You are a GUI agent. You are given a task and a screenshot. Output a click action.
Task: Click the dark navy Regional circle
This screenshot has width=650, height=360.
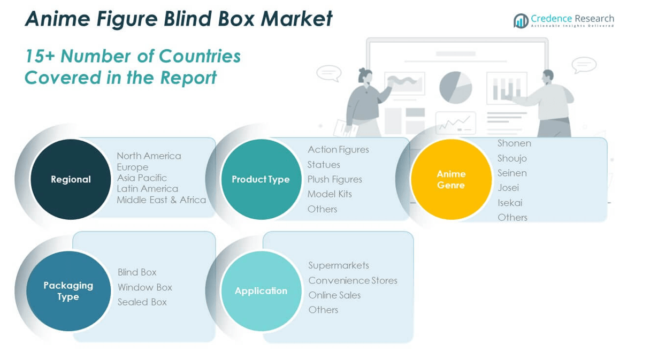[x=71, y=179]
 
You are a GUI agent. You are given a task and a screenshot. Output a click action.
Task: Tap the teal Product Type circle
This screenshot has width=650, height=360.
[x=261, y=179]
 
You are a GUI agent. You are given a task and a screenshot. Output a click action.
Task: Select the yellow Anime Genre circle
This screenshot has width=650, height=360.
[x=451, y=179]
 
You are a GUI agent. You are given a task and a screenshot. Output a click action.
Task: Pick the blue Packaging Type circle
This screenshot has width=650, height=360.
[x=68, y=291]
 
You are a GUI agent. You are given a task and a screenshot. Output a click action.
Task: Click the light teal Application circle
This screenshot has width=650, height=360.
[x=261, y=291]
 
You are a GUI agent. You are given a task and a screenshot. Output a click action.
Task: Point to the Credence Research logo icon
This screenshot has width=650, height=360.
[x=521, y=21]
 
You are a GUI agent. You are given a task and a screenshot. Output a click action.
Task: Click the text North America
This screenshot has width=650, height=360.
[x=149, y=156]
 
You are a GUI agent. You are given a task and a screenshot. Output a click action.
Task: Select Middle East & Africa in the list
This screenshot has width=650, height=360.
[x=161, y=200]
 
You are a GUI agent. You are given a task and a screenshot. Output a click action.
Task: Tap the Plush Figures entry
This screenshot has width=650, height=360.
[x=334, y=179]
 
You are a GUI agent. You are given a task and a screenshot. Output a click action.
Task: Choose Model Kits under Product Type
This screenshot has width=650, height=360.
[x=330, y=194]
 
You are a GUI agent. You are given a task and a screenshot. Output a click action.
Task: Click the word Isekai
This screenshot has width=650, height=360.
[x=509, y=203]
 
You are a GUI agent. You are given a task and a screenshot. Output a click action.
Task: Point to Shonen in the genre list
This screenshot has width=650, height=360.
[x=514, y=143]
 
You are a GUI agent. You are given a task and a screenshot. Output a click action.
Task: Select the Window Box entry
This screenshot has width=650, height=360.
[x=144, y=287]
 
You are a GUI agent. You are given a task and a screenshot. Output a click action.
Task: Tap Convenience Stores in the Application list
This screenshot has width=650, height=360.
[x=353, y=280]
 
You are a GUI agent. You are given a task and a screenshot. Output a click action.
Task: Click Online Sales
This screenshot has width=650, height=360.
[x=334, y=295]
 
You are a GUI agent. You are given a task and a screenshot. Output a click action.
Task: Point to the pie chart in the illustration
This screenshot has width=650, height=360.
[x=455, y=88]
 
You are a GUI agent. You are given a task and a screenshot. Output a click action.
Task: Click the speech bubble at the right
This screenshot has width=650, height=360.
[x=584, y=65]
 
